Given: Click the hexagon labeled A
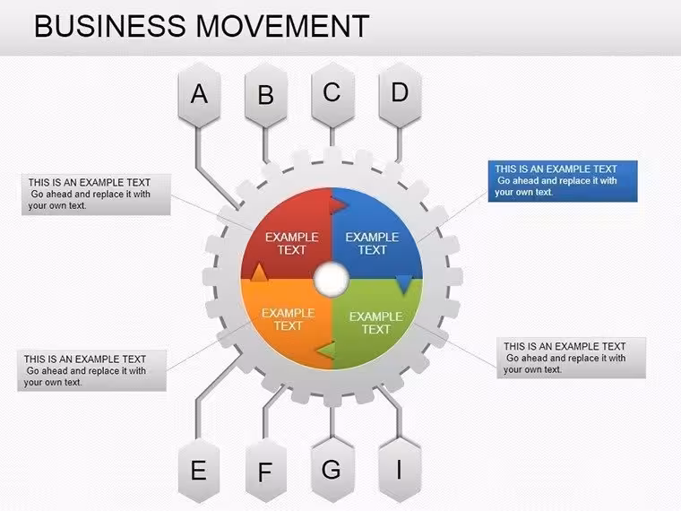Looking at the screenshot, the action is (x=199, y=95).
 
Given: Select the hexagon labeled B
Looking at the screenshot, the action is (x=266, y=95).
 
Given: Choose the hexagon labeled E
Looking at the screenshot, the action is (x=199, y=470).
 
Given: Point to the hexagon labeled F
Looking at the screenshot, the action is (x=266, y=470).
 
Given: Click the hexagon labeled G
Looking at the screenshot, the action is (x=332, y=470).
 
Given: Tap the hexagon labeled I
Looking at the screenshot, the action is (x=400, y=470).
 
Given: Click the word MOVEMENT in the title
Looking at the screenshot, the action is (x=283, y=26).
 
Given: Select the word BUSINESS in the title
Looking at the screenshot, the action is (x=110, y=26).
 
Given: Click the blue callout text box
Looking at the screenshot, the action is (x=563, y=181).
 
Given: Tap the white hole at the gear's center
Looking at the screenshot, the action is (x=332, y=279).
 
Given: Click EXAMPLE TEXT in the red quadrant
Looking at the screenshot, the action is (x=292, y=243).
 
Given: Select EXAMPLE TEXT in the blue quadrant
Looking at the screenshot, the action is (x=372, y=243).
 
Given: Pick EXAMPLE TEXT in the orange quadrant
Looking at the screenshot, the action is (x=288, y=319).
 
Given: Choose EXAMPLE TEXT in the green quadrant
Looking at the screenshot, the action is (x=376, y=323).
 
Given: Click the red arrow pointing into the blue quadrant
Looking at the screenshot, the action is (x=339, y=204).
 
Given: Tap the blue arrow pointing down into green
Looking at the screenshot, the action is (x=404, y=284).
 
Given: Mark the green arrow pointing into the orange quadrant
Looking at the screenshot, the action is (x=326, y=351).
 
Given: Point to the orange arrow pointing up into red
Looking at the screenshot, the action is (x=259, y=272).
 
